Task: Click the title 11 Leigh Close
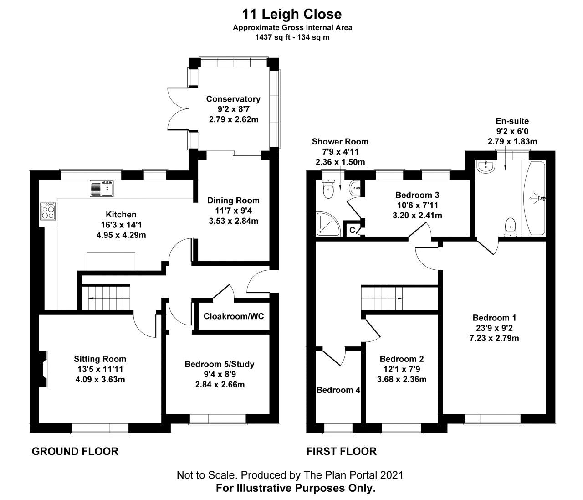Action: coord(292,14)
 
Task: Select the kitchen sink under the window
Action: coord(101,188)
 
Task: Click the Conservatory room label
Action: coord(233,99)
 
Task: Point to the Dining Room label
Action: coord(233,201)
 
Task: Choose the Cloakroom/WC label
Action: coord(234,316)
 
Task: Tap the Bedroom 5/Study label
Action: coord(219,364)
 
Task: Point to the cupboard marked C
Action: coord(353,230)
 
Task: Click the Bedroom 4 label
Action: coord(338,390)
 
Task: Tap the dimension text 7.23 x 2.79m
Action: coord(494,338)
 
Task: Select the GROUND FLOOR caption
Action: coord(75,452)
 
